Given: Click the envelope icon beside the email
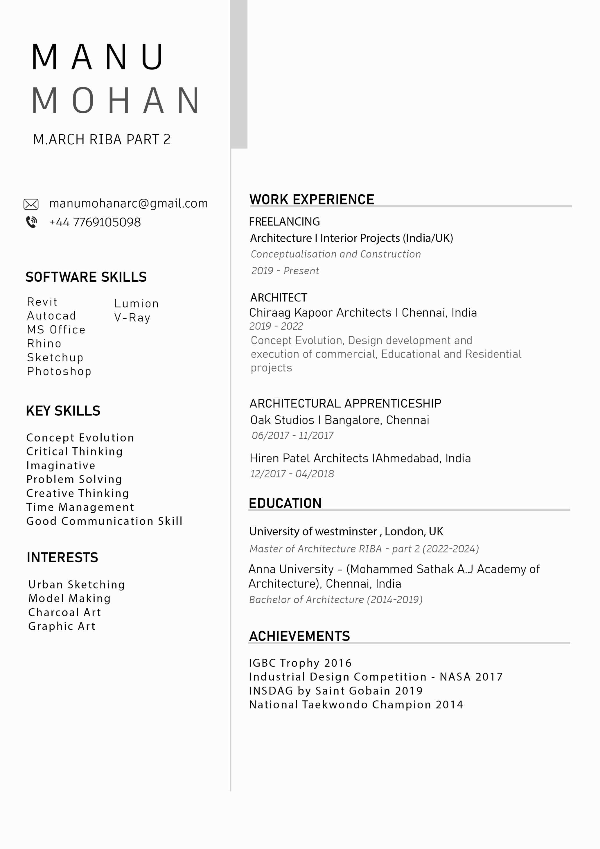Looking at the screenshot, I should [x=31, y=204].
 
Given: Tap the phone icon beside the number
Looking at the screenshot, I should [x=31, y=222].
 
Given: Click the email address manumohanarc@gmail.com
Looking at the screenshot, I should [x=128, y=203].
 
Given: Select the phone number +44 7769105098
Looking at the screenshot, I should [x=95, y=222].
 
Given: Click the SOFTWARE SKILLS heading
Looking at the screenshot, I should [x=86, y=277].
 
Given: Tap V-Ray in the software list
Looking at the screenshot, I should [x=132, y=318].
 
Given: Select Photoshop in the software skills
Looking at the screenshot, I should [x=59, y=371].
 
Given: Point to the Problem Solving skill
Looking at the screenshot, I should [x=74, y=479].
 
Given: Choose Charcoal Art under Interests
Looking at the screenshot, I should [x=65, y=612].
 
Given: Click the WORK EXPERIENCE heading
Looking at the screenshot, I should [x=312, y=200].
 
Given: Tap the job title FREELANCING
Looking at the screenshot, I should [x=284, y=222].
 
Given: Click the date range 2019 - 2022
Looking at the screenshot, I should [x=276, y=326].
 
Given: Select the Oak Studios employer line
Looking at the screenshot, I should [x=339, y=420].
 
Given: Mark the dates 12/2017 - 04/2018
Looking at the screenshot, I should [x=292, y=474].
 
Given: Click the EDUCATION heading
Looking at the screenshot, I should [x=285, y=503].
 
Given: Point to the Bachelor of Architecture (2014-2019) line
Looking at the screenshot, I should [x=336, y=599].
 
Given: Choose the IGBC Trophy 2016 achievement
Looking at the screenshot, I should [x=300, y=663].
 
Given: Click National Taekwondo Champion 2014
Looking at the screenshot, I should [x=356, y=704].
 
